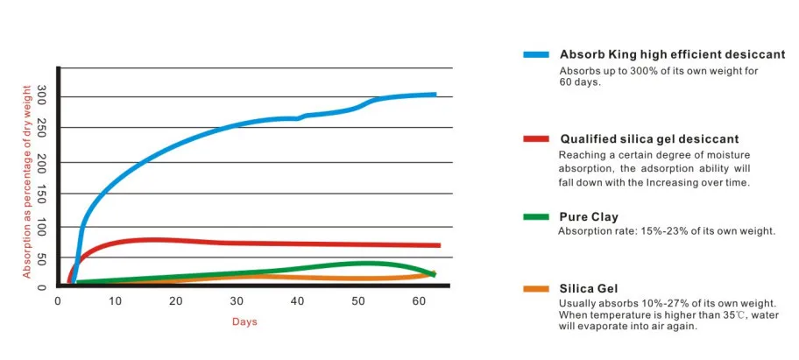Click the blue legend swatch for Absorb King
[535, 54]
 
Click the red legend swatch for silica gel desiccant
[535, 138]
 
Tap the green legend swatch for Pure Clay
[535, 216]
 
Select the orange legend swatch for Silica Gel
[535, 288]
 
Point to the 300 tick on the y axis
[42, 97]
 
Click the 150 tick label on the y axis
[42, 194]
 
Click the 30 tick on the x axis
[237, 301]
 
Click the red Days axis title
[244, 321]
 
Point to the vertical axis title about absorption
[26, 181]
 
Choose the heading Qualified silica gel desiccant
[649, 138]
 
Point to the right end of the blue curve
[435, 94]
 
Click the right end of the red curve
[438, 245]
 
